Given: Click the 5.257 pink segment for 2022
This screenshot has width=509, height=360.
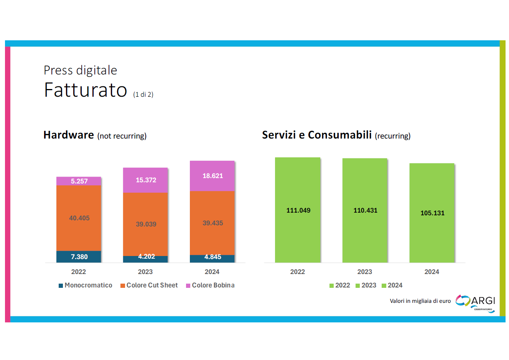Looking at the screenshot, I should [79, 181].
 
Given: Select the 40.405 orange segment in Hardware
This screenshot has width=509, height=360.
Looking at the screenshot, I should [79, 218].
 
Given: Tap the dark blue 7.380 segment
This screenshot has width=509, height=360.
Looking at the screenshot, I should [79, 257].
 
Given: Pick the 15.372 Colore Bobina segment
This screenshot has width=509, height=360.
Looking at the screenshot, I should [145, 180].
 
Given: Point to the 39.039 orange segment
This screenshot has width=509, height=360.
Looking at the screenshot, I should [145, 224].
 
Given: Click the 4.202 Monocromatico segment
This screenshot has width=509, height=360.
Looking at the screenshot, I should [145, 259].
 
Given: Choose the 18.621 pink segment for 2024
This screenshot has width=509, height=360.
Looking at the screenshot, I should [212, 176].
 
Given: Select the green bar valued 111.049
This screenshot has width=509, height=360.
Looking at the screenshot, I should [298, 210].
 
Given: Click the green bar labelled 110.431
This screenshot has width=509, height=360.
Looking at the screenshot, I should [365, 210].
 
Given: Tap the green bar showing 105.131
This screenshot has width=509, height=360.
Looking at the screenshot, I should [432, 213].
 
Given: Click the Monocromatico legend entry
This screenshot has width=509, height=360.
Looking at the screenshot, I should [86, 285].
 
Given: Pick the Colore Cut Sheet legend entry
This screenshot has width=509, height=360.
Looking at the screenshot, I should [149, 285].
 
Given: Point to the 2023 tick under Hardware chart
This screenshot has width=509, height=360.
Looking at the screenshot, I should [145, 272].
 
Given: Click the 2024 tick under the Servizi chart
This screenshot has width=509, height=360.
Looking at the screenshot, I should [432, 272].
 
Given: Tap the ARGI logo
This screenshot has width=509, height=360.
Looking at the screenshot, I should [476, 303].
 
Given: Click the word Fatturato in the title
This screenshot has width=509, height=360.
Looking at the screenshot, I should [86, 90].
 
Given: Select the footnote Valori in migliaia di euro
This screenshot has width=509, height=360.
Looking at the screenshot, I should [420, 301].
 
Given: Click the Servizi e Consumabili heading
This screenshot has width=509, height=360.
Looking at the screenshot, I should [317, 135].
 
